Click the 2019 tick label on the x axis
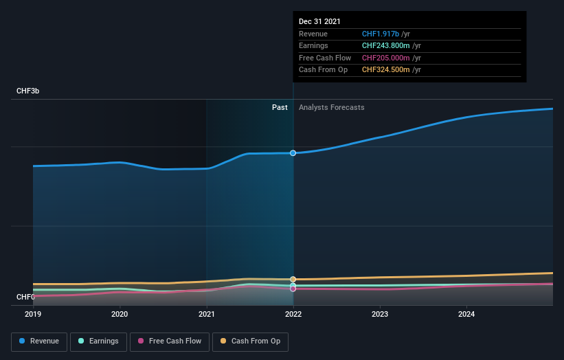click(x=33, y=315)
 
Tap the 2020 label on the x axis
click(x=120, y=315)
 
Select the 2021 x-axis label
click(x=206, y=315)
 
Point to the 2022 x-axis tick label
click(x=293, y=315)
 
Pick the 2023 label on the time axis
click(x=380, y=315)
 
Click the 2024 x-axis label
click(x=466, y=315)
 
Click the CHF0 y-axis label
click(x=25, y=297)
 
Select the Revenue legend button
click(x=39, y=341)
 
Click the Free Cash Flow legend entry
click(x=170, y=341)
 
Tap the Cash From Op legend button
click(x=252, y=341)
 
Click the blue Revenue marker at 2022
click(x=293, y=153)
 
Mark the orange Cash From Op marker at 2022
click(x=293, y=280)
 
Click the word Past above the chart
click(x=280, y=107)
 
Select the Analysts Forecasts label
click(x=331, y=107)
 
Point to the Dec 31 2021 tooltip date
click(x=319, y=22)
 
